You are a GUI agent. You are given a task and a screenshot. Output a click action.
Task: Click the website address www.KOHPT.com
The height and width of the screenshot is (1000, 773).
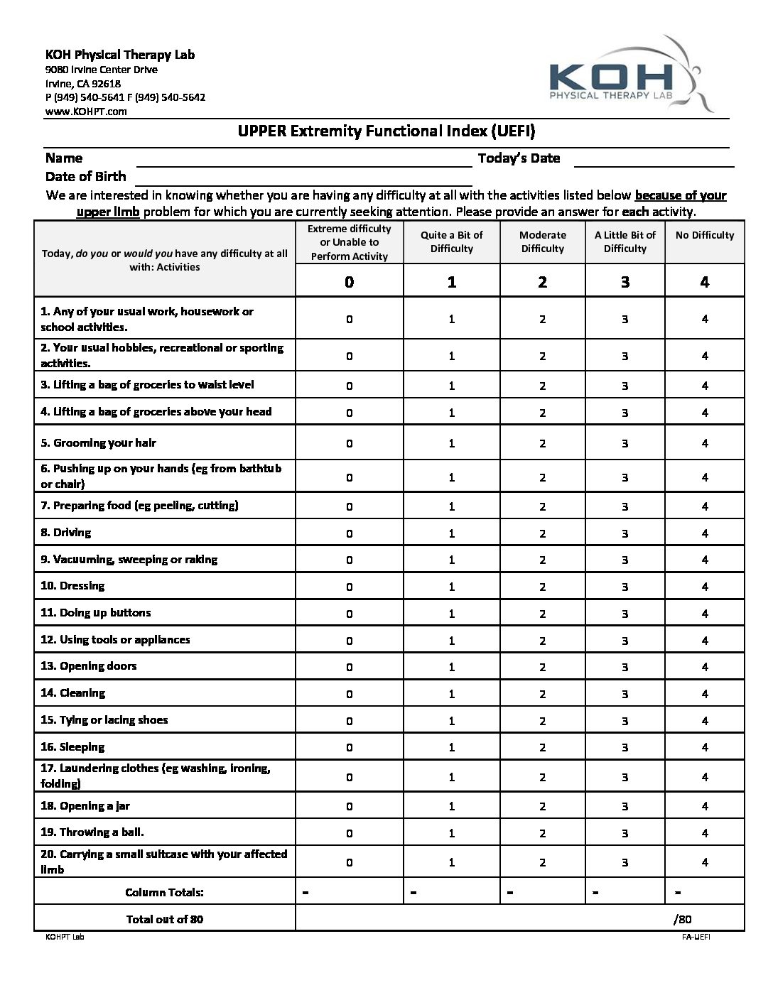pos(86,112)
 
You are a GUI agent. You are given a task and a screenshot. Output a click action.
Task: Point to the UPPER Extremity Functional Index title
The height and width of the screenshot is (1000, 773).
pos(386,131)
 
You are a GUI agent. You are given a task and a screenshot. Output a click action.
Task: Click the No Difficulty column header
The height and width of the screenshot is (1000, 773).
pos(704,235)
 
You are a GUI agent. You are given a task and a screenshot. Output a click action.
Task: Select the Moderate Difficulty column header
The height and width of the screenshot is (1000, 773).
pos(542,241)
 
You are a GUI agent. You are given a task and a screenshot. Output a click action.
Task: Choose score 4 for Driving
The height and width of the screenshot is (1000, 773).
pos(704,533)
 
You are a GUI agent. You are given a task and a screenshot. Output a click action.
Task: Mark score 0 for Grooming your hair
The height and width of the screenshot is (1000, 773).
pos(349,443)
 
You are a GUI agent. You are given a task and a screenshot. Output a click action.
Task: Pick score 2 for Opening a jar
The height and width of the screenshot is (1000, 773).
pos(542,806)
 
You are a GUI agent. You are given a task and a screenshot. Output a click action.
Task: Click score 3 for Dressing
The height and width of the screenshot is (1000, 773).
pos(625,587)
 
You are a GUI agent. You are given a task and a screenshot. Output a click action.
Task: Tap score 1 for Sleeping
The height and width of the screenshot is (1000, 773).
pos(451,747)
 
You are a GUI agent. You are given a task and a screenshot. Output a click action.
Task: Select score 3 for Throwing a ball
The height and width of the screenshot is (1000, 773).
pos(625,832)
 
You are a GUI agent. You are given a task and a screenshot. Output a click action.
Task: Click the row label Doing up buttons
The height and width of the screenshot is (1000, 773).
pos(95,613)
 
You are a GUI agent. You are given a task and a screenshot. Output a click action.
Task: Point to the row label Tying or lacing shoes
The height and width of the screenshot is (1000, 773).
pos(104,720)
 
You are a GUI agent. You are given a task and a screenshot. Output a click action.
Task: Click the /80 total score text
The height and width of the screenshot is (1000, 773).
pos(682,919)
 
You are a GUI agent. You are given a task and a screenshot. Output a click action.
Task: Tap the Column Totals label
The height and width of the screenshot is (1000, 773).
pos(164,892)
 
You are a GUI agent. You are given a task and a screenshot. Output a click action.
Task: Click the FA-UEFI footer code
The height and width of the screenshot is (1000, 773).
pos(696,937)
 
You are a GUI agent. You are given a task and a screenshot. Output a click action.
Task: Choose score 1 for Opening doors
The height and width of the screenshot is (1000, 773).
pos(451,667)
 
